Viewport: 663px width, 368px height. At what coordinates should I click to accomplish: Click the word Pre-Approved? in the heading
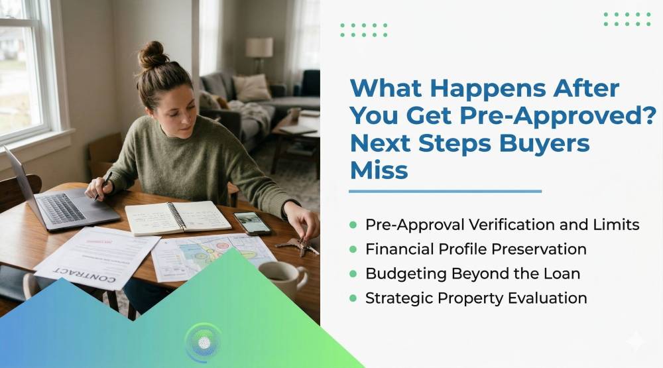tap(558, 115)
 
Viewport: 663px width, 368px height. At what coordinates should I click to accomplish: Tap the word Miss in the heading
tap(379, 170)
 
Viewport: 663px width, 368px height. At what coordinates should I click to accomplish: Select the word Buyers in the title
tap(544, 144)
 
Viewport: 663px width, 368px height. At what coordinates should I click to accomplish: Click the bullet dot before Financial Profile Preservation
tap(353, 249)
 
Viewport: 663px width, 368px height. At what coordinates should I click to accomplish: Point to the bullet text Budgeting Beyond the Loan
tap(473, 274)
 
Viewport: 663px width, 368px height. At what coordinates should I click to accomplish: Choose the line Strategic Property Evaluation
tap(476, 298)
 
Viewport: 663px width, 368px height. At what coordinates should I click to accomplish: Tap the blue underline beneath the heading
tap(446, 192)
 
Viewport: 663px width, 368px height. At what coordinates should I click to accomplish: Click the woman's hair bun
tap(152, 55)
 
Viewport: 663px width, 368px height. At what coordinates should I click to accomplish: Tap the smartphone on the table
tap(252, 223)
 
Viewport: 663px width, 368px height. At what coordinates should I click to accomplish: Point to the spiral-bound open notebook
tap(178, 217)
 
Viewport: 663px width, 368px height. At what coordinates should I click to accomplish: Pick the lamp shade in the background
tap(259, 47)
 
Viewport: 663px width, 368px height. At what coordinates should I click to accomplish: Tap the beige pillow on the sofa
tap(251, 88)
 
